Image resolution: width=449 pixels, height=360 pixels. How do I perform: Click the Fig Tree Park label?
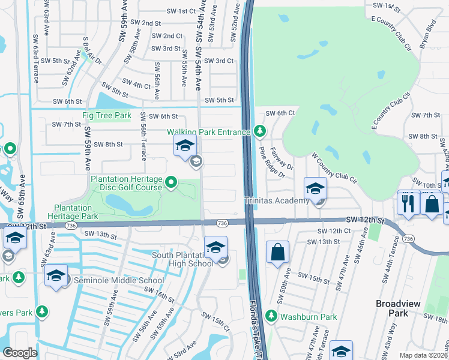point(106,115)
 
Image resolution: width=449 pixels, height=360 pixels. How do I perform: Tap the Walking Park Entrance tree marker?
point(259,130)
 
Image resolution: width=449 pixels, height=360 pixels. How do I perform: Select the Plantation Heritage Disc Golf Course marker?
point(172,182)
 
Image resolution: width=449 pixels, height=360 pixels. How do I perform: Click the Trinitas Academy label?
point(276,201)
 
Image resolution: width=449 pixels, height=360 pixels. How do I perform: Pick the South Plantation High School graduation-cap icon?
point(216,246)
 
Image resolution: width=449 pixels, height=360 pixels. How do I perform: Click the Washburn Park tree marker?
point(271,314)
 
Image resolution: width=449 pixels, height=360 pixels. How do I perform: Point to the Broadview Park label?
point(400,308)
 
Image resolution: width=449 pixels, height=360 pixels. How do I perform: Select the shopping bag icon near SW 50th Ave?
point(277,252)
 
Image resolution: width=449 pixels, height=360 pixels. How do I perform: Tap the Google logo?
point(20,353)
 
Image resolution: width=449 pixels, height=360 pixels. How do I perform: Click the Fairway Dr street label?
point(282,158)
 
